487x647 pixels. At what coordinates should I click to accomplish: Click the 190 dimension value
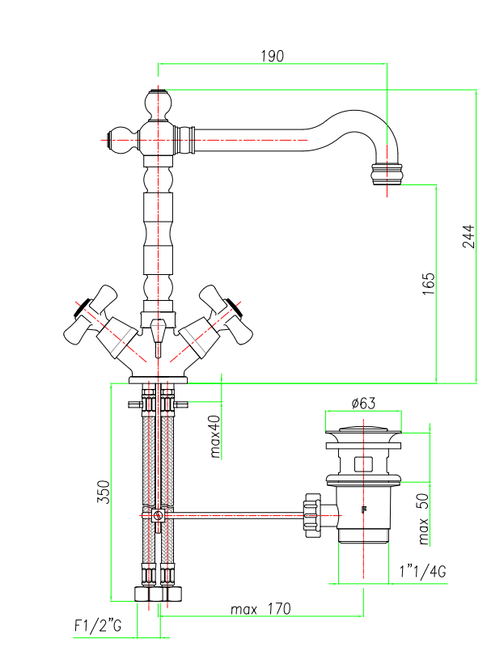(x=272, y=56)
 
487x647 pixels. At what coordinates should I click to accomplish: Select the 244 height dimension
(x=468, y=235)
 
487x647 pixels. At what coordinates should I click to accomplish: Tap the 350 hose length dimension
(x=104, y=492)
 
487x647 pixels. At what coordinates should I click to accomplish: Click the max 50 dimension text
(x=424, y=518)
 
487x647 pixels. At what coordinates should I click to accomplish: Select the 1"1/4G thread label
(x=422, y=573)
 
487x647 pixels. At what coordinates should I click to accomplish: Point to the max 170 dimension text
(x=260, y=608)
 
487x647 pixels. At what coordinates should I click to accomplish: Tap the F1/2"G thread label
(x=96, y=625)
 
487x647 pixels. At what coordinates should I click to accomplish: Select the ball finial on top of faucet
(x=159, y=103)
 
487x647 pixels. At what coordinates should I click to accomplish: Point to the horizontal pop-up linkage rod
(x=235, y=514)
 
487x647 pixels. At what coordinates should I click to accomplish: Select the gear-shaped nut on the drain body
(x=310, y=514)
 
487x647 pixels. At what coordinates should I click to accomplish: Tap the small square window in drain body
(x=364, y=464)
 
